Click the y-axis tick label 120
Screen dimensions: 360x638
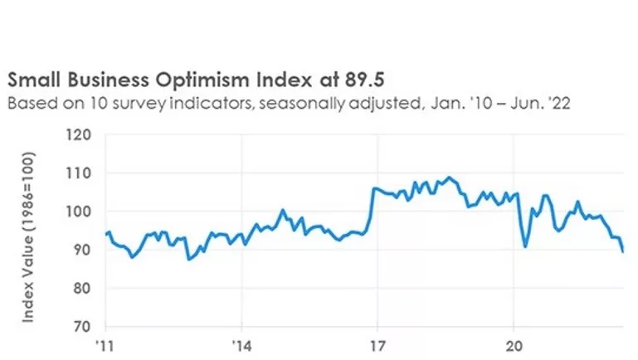tap(80, 134)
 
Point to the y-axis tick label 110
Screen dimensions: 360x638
tap(80, 173)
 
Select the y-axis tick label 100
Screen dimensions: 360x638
tap(80, 212)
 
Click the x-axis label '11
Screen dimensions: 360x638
tap(105, 345)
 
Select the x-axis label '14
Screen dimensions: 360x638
tap(241, 345)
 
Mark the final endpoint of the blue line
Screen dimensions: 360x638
tap(623, 251)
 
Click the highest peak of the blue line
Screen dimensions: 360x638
tap(449, 177)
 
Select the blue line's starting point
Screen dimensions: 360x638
tap(106, 234)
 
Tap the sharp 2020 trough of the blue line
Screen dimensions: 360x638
tap(525, 246)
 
